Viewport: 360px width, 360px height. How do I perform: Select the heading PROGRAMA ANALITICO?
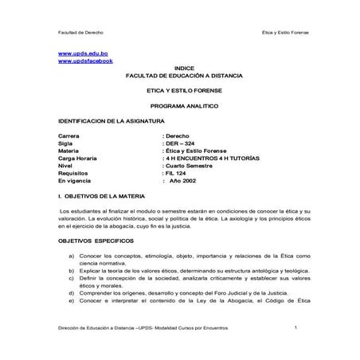coord(183,105)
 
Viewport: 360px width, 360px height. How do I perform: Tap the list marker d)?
coord(72,293)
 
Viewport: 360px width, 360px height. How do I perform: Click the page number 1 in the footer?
coord(295,327)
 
